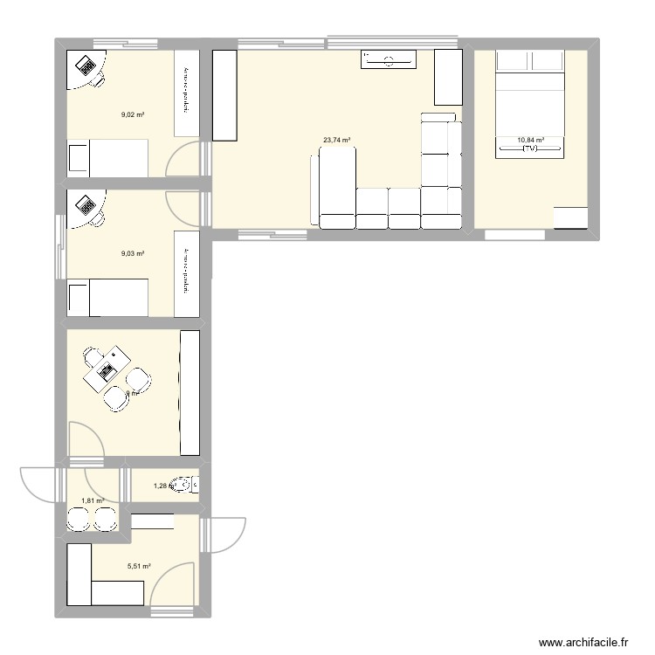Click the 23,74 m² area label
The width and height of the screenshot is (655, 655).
[x=336, y=140]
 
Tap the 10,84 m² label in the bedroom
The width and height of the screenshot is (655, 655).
[x=530, y=140]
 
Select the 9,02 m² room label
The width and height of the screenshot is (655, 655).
[x=132, y=114]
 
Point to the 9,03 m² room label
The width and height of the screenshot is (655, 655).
[x=132, y=253]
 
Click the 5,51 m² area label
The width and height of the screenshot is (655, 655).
[x=139, y=567]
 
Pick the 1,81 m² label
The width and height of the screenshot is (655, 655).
[x=93, y=501]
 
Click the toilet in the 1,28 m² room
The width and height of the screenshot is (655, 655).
[x=183, y=485]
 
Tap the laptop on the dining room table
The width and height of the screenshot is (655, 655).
[x=108, y=372]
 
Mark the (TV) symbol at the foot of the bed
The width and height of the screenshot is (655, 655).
[x=530, y=150]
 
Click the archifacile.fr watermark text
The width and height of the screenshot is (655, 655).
[x=583, y=642]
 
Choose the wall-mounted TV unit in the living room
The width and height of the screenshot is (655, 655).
[x=389, y=59]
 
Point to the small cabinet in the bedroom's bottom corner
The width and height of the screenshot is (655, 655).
[x=570, y=217]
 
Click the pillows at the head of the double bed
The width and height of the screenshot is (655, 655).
[x=530, y=60]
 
